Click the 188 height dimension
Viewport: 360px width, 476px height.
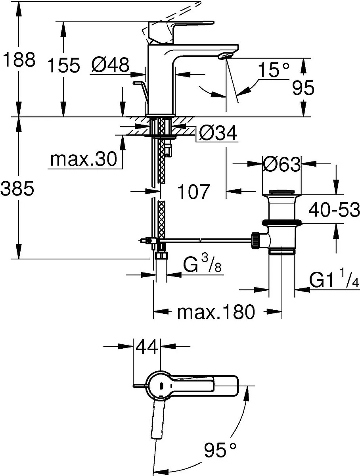point(19,59)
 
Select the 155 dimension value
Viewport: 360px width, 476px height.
point(63,65)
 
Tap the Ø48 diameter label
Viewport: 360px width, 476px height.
point(110,65)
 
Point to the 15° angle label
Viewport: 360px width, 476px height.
point(274,70)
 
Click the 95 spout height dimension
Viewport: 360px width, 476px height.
point(303,88)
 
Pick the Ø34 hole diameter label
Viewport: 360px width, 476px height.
point(218,133)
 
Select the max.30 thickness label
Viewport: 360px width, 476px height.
point(84,159)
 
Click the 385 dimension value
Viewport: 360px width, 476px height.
point(17,188)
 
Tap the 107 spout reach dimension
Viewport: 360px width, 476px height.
point(193,191)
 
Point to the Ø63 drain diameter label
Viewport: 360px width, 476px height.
point(282,164)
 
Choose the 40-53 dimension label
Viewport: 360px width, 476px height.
point(334,210)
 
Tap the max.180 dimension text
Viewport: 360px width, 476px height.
point(216,312)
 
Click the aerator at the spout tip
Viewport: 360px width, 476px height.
point(225,57)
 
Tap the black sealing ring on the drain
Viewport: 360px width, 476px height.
point(281,223)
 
